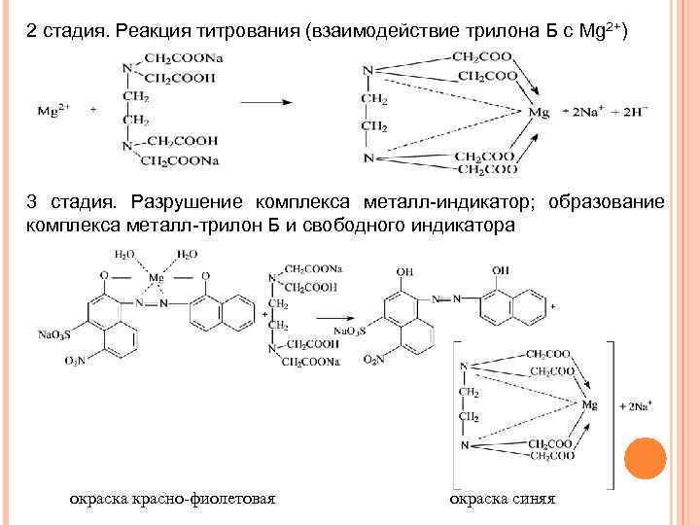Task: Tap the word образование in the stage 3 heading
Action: click(607, 203)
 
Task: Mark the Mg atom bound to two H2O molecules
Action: click(154, 277)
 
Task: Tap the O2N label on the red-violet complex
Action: click(76, 361)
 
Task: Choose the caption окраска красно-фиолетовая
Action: click(172, 499)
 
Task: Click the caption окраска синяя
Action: click(502, 499)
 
